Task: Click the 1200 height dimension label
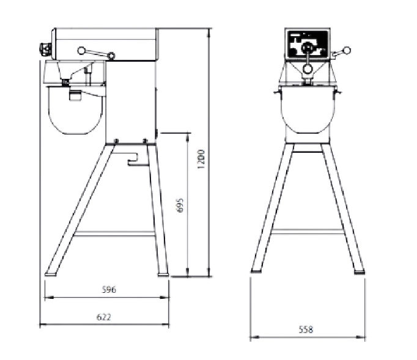pos(202,160)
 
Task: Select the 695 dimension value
pos(180,205)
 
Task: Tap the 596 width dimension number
pos(109,290)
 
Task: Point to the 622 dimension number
pos(104,317)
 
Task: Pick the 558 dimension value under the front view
pos(306,329)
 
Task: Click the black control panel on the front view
pos(308,45)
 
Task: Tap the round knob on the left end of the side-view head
pos(45,49)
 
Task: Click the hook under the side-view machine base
pos(133,160)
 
